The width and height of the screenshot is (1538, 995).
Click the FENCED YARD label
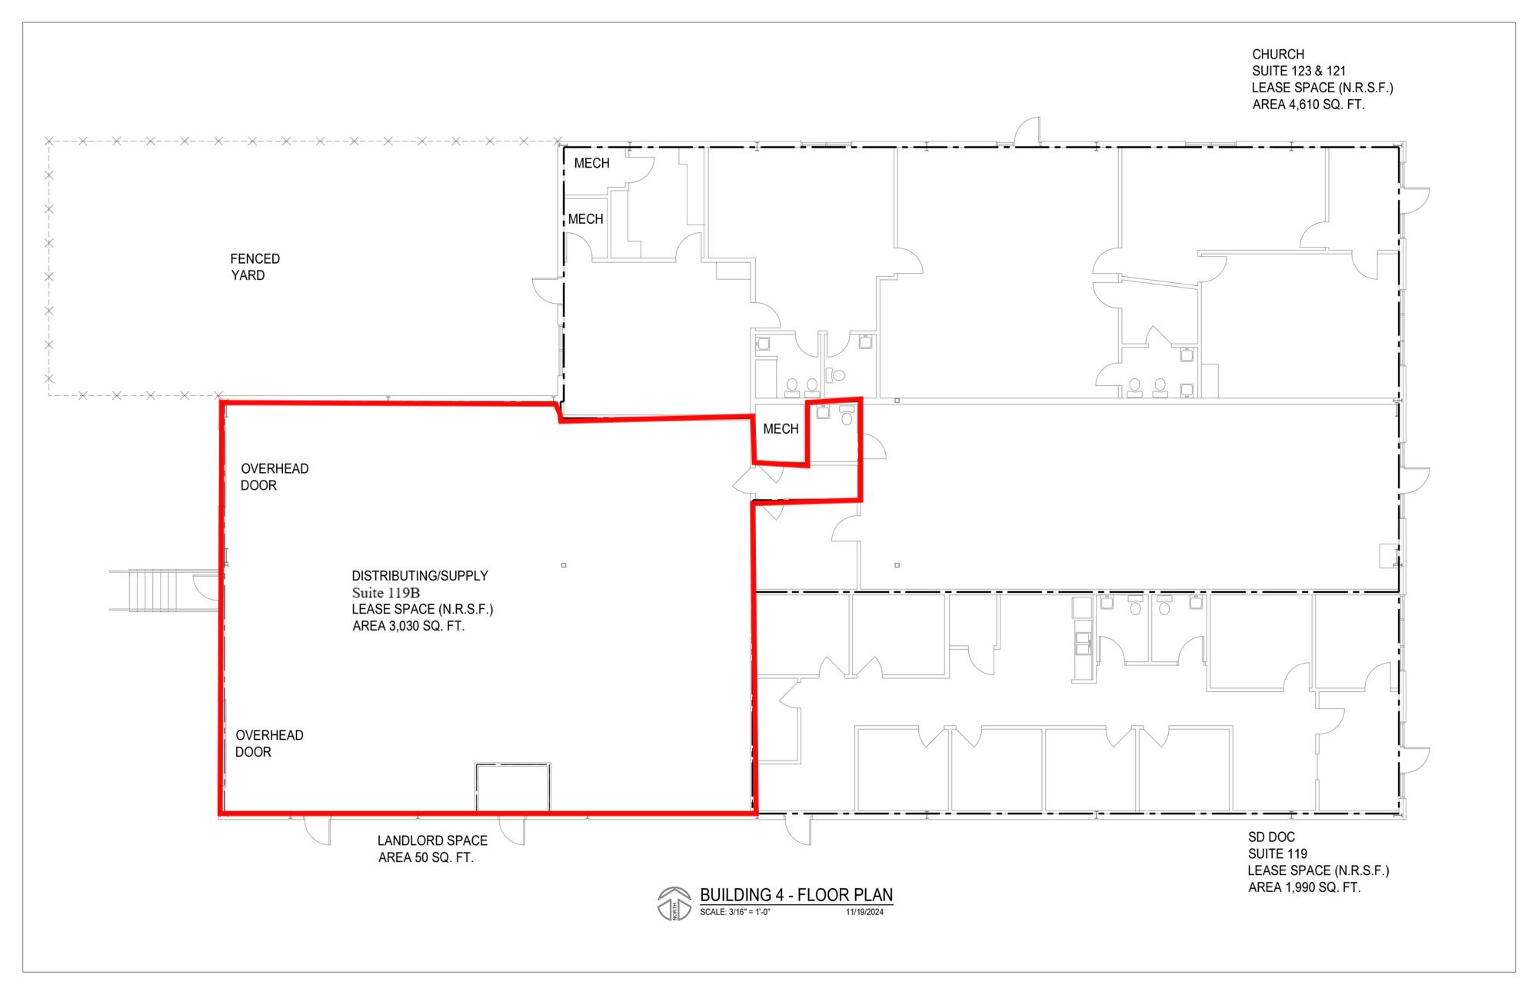pos(255,267)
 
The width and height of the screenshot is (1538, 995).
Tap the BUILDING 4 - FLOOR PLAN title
pos(796,895)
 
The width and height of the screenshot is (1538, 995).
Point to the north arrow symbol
pos(674,903)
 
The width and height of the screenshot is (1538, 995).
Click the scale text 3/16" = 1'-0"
pos(734,913)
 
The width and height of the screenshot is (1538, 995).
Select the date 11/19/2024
pos(864,913)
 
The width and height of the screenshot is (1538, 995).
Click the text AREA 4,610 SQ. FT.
pos(1308,105)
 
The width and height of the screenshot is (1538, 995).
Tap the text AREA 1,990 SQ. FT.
pos(1304,887)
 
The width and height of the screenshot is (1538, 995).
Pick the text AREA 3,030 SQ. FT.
pos(408,626)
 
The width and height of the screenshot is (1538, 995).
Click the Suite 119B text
pos(386,593)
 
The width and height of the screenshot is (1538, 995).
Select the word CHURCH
pos(1278,55)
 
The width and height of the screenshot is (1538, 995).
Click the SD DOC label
pos(1271,837)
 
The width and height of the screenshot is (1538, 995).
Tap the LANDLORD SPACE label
pos(432,841)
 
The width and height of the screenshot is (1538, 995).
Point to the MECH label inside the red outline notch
pos(781,429)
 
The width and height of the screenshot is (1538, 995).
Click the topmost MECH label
pos(591,163)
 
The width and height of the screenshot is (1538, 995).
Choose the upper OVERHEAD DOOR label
pos(275,477)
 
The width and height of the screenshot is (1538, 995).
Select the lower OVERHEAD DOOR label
pos(269,744)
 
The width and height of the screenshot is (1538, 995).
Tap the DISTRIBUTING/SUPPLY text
pos(420,576)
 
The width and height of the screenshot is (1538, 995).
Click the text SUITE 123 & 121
pos(1299,71)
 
